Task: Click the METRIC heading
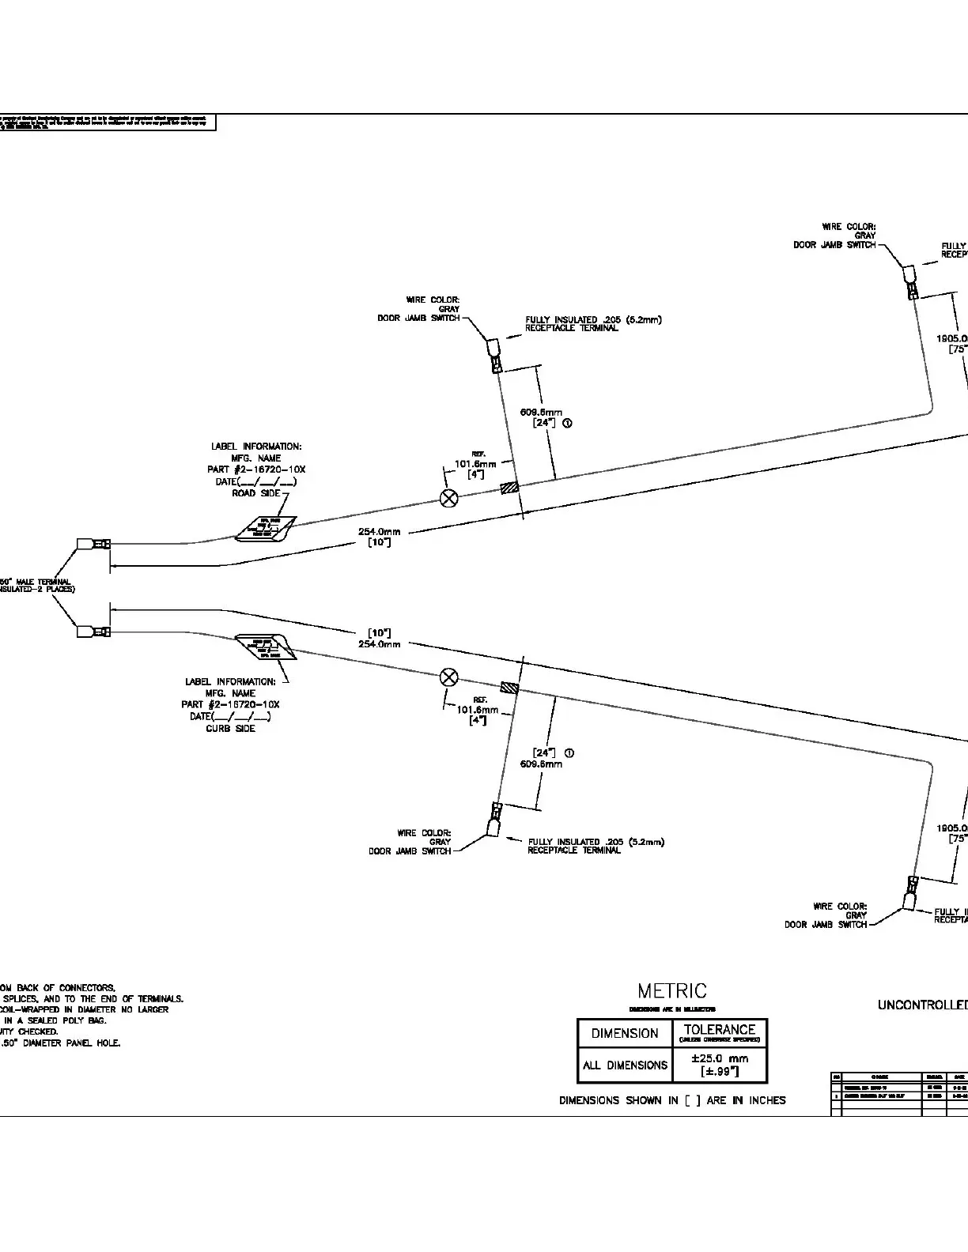672,991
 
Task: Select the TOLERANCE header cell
719,1030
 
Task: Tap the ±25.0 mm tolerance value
719,1058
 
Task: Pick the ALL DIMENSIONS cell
625,1065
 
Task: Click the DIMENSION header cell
625,1033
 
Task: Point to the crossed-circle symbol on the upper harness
448,497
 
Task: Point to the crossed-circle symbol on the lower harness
448,677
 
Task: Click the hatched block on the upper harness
510,489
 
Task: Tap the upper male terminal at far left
93,544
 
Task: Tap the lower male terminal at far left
93,632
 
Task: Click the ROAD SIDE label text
255,493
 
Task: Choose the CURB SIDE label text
230,728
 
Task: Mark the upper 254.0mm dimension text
379,532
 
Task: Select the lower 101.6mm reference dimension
478,710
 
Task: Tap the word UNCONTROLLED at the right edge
922,1005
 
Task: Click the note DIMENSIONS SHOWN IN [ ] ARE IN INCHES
672,1099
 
